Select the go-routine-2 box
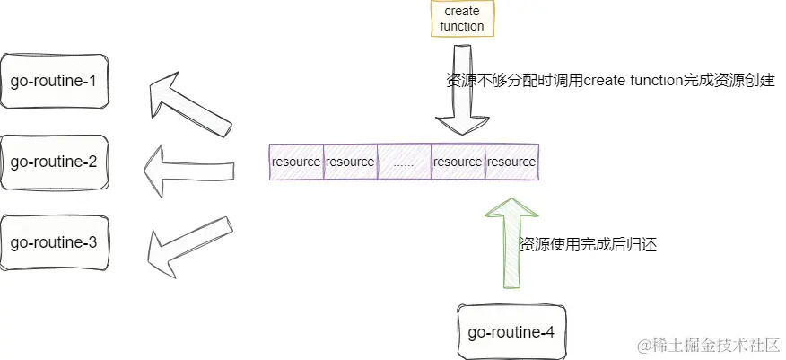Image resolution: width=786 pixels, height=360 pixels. pos(54,162)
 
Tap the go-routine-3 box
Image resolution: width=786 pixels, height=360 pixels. pos(54,241)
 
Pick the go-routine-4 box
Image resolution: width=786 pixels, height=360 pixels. pos(511,332)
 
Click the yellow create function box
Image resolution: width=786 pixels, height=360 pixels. pos(462,19)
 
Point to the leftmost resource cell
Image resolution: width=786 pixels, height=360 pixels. pos(296,162)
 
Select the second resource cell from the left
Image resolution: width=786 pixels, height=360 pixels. pos(350,162)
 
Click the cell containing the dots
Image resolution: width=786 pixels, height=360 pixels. pos(404,162)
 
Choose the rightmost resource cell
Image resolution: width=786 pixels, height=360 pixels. pos(511,162)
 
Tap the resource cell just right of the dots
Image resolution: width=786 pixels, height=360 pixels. pos(458,162)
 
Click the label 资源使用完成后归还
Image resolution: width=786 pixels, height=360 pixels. pos(589,244)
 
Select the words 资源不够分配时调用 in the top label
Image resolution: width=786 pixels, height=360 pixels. pos(514,81)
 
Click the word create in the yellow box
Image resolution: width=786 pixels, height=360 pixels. pos(462,12)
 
